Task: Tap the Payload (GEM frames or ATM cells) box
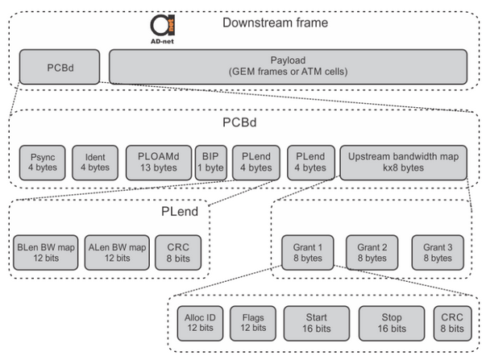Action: tap(287, 64)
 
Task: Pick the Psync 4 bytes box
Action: tap(41, 161)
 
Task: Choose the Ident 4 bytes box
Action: tap(94, 161)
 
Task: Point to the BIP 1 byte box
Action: tap(210, 161)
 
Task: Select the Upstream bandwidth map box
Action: tap(402, 161)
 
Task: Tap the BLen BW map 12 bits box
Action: tap(47, 252)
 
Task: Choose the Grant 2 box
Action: tap(372, 252)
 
